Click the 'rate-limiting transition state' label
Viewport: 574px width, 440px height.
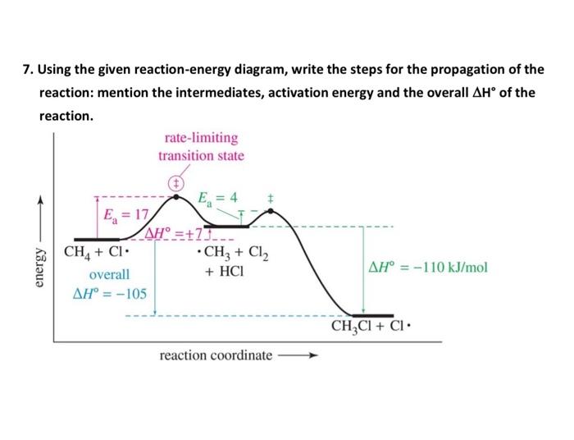(201, 147)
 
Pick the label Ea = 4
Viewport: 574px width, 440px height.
(219, 198)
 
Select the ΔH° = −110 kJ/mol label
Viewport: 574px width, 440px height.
(428, 268)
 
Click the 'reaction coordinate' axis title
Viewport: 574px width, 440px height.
(216, 355)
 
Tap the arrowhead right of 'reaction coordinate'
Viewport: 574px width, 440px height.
(311, 356)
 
